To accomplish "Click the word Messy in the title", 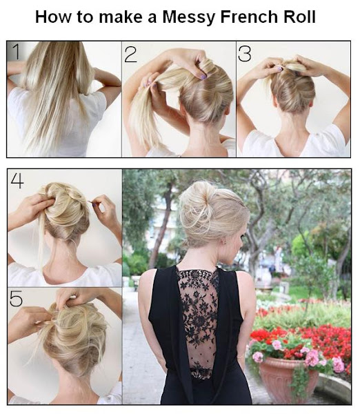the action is [x=189, y=17].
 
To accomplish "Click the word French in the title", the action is [x=250, y=17].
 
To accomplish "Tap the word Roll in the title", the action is [x=299, y=17].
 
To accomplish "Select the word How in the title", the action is [x=54, y=17].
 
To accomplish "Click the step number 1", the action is [x=17, y=52].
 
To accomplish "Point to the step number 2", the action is [x=130, y=55].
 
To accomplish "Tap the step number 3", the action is [x=244, y=53].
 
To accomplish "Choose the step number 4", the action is [x=17, y=180].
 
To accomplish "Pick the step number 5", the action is [x=16, y=299].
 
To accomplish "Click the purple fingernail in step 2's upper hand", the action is [x=203, y=77].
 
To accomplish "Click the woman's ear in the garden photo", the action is [x=225, y=241].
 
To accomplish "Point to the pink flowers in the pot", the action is [x=312, y=357].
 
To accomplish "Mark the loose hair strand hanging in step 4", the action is [x=41, y=237].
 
